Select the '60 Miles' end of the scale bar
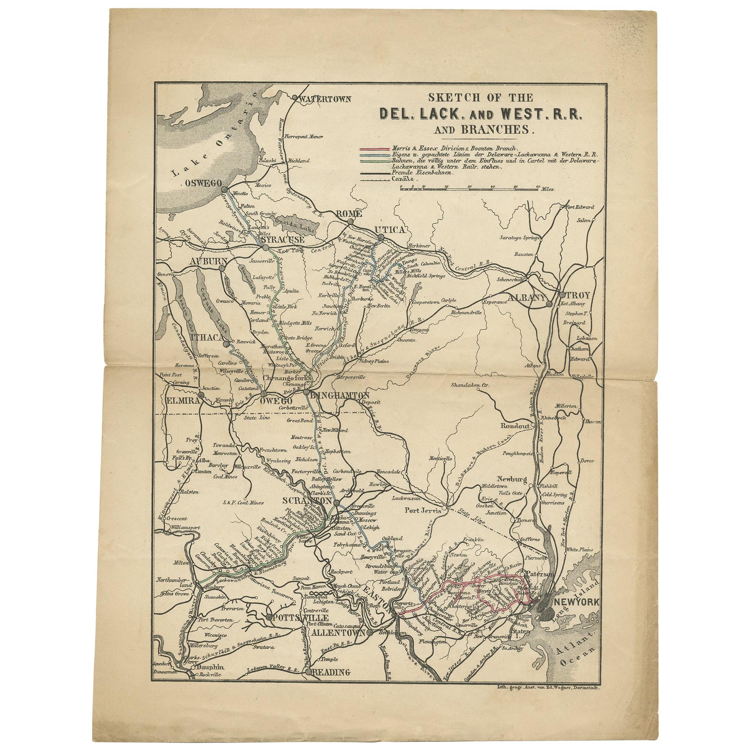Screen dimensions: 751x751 544,188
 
